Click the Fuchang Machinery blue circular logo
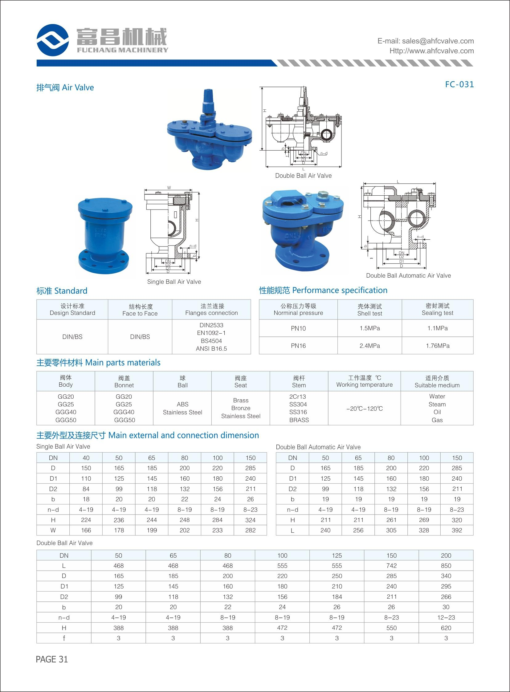(52, 40)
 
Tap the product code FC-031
(459, 84)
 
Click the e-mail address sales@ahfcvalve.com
(438, 41)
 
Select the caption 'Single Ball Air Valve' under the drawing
(174, 282)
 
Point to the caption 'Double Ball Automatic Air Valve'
(408, 275)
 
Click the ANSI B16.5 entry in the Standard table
(211, 348)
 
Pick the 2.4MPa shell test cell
(369, 346)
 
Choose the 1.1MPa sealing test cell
(437, 328)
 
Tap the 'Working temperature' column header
(364, 385)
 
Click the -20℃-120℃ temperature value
(364, 408)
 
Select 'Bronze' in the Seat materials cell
(240, 408)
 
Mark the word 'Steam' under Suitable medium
(437, 404)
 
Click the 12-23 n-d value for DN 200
(446, 617)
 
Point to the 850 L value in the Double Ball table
(446, 565)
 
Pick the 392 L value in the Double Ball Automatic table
(457, 530)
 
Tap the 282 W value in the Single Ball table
(250, 530)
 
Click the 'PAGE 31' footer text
(52, 659)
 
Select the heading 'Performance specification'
(340, 290)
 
